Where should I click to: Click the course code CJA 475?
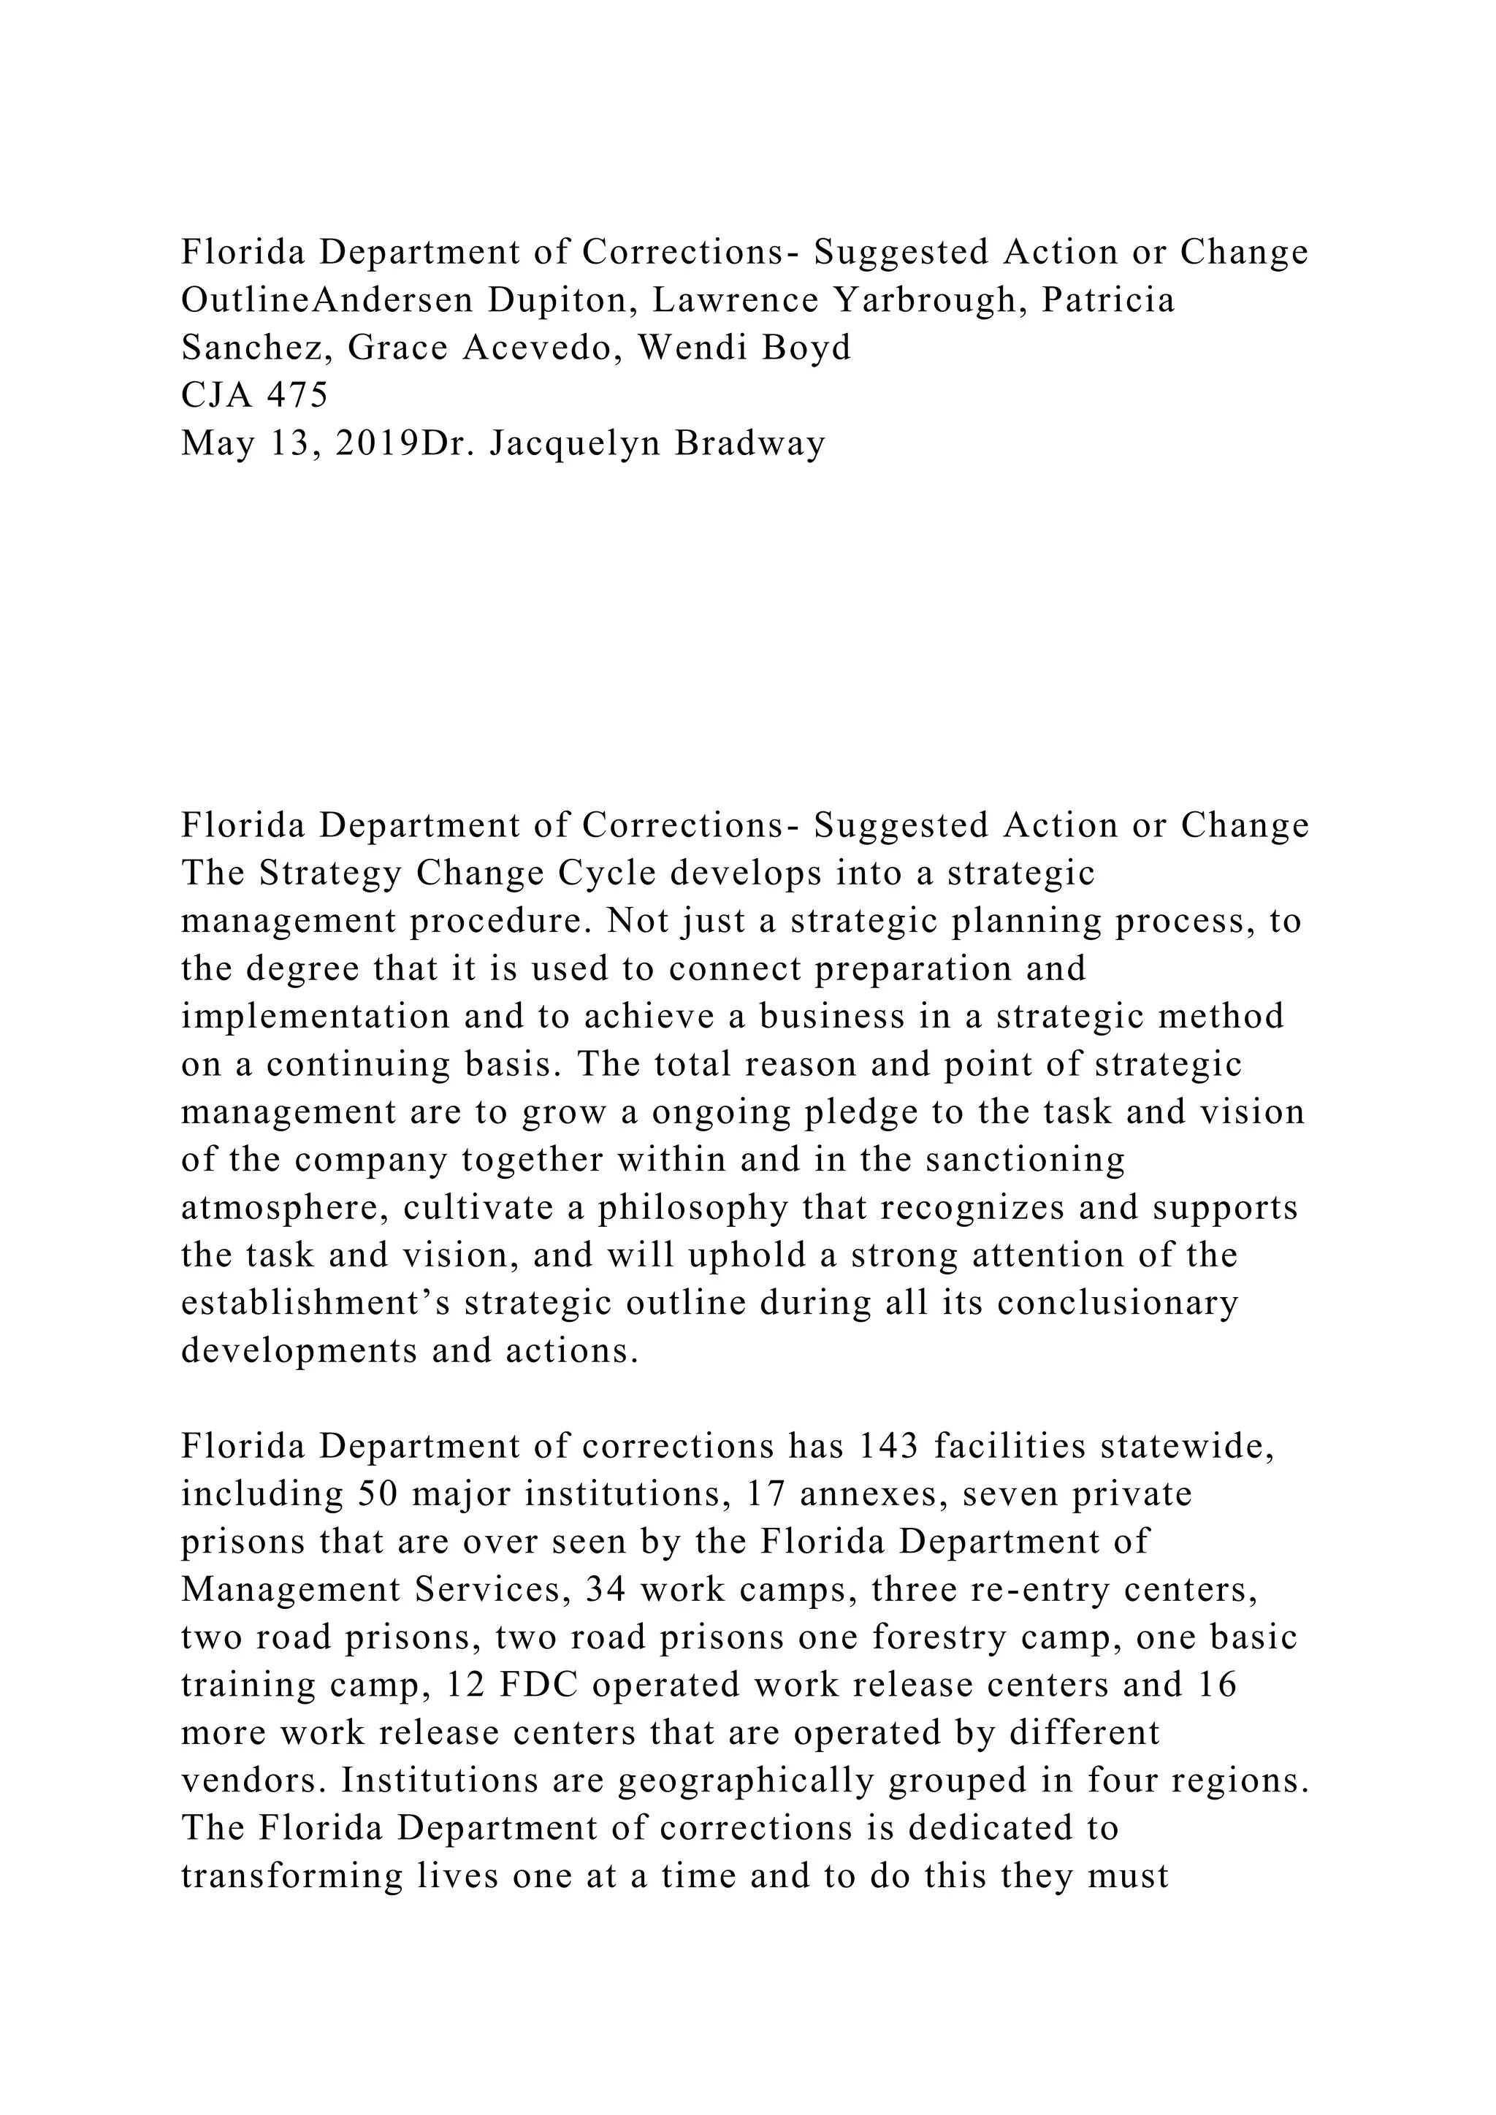pos(254,395)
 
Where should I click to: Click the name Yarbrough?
pos(925,300)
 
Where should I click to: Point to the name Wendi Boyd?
pos(744,348)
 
